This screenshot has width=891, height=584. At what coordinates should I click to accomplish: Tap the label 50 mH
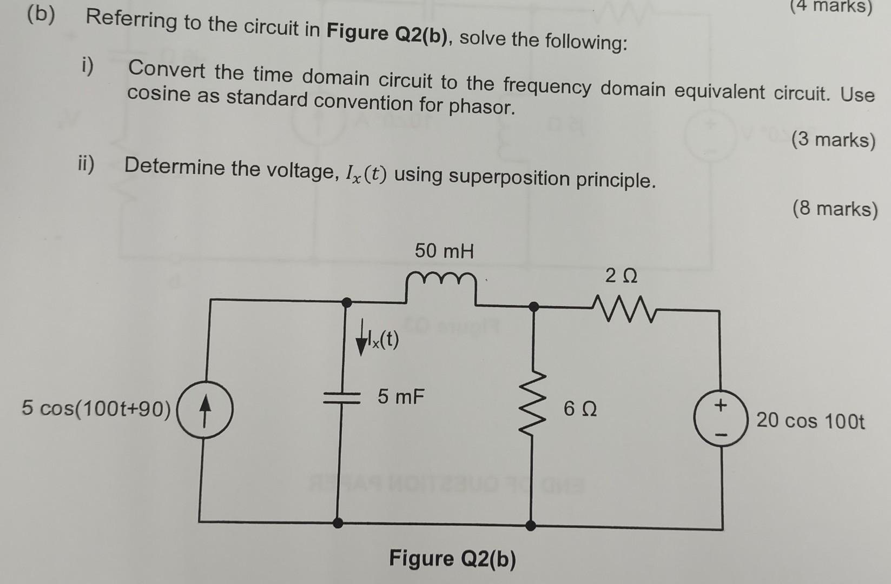[x=444, y=251]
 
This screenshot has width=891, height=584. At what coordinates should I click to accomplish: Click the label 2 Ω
[x=621, y=277]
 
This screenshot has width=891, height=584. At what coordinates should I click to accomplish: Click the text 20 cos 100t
[x=810, y=421]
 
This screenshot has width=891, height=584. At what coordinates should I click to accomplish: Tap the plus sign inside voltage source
[x=720, y=405]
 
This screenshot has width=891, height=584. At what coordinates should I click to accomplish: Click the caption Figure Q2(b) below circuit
[x=452, y=559]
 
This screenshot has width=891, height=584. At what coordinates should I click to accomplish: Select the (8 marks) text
[x=834, y=209]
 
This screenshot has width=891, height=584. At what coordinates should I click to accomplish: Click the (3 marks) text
[x=833, y=140]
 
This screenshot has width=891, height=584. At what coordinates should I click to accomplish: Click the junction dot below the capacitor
[x=338, y=523]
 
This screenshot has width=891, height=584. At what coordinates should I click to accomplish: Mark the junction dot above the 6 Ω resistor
[x=533, y=307]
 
